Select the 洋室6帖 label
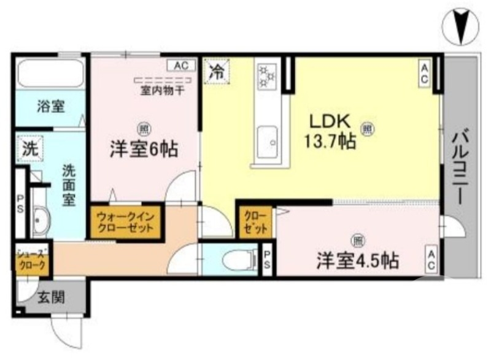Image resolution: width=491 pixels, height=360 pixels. (144, 148)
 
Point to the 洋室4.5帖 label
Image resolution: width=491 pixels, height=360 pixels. (358, 260)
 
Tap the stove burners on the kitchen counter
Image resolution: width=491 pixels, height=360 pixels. (267, 77)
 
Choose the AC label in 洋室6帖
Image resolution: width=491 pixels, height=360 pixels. (180, 64)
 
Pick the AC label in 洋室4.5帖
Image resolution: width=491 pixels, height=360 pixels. (431, 259)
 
